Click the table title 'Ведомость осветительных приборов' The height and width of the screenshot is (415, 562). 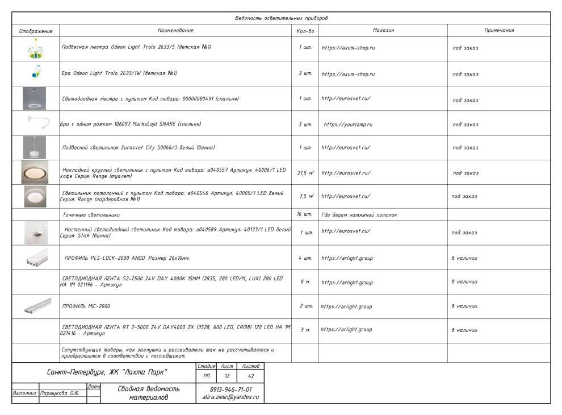pyautogui.click(x=281, y=18)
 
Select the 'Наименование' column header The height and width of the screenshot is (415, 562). pyautogui.click(x=175, y=30)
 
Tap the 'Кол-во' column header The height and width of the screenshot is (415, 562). pyautogui.click(x=305, y=31)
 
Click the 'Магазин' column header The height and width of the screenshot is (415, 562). pyautogui.click(x=383, y=30)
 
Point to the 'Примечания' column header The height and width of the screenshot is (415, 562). pyautogui.click(x=499, y=30)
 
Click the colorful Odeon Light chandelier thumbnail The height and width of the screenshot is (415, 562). pyautogui.click(x=35, y=49)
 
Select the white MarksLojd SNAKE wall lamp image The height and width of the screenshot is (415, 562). pyautogui.click(x=36, y=122)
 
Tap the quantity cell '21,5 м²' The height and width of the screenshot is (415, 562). pyautogui.click(x=305, y=173)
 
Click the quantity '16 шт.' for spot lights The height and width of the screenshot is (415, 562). pyautogui.click(x=305, y=215)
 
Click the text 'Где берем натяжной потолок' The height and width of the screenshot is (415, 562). pyautogui.click(x=359, y=215)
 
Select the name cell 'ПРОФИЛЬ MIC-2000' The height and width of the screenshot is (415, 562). pyautogui.click(x=86, y=306)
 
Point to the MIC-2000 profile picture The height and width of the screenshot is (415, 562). pyautogui.click(x=37, y=306)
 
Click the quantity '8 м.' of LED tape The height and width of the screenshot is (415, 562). pyautogui.click(x=305, y=283)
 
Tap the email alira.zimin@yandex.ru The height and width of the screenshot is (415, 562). pyautogui.click(x=230, y=397)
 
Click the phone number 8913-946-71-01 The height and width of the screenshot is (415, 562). pyautogui.click(x=230, y=389)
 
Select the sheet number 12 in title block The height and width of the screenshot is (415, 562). pyautogui.click(x=227, y=376)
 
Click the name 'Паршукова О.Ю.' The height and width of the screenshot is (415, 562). pyautogui.click(x=59, y=393)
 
